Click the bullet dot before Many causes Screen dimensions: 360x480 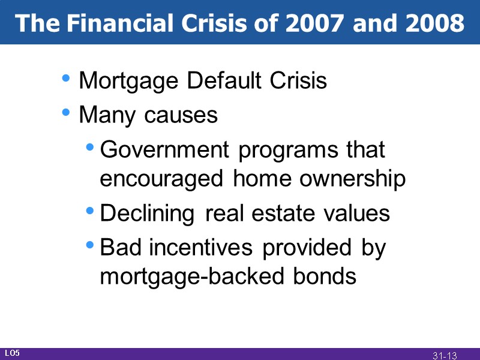coord(67,112)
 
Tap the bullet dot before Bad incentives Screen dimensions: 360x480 coord(89,244)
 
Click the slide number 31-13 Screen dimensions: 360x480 coord(445,355)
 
